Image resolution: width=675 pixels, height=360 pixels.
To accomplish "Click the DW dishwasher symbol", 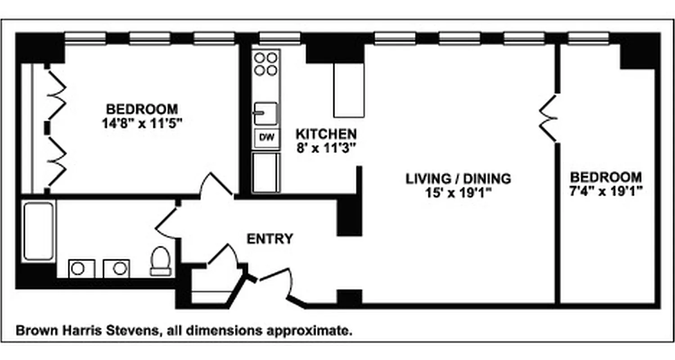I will [x=267, y=138].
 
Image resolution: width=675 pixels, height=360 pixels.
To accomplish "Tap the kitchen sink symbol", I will [x=265, y=113].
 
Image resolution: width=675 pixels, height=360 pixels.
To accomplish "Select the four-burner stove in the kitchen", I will [x=266, y=63].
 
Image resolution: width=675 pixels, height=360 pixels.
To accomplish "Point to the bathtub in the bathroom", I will [x=39, y=231].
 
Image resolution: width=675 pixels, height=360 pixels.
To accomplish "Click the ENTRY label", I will [x=270, y=238].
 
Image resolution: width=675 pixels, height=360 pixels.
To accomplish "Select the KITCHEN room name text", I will [x=326, y=134].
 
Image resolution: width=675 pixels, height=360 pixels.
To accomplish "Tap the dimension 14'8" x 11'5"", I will [x=142, y=123].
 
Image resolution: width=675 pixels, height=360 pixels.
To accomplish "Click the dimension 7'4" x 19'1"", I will [x=605, y=190].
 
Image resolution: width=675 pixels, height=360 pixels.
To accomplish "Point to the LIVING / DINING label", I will [x=459, y=179].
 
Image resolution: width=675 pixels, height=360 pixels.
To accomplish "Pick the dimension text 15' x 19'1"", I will [x=459, y=193].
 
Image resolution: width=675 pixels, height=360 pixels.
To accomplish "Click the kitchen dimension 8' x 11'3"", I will [x=326, y=148].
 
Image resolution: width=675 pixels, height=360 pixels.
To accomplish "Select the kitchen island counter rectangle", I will [x=348, y=90].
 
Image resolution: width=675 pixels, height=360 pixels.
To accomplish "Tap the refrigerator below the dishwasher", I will [x=266, y=173].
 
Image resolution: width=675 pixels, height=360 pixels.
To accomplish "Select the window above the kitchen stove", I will [x=279, y=38].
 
